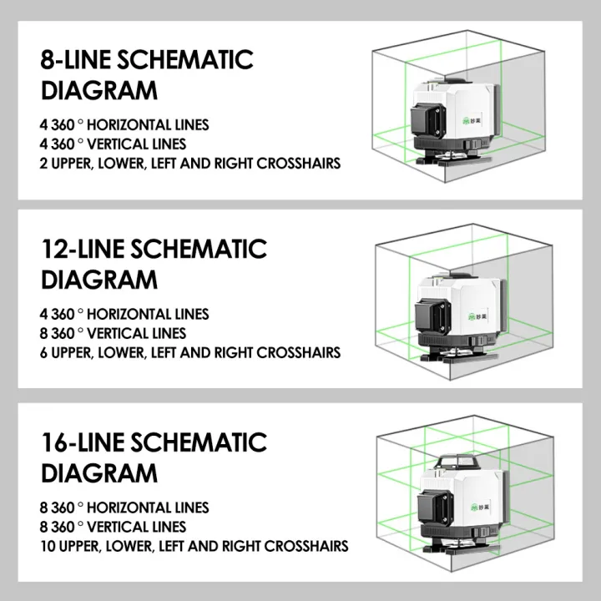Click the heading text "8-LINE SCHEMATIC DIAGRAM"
click(x=147, y=74)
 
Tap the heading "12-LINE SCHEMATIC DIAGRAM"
click(x=154, y=263)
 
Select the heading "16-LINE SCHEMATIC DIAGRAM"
click(x=154, y=457)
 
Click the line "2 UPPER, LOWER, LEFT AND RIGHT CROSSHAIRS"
click(x=190, y=164)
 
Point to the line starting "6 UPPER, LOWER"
click(x=190, y=352)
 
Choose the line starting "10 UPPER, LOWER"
click(x=194, y=548)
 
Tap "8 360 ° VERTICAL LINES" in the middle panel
click(x=113, y=334)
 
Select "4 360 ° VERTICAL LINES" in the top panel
click(x=113, y=144)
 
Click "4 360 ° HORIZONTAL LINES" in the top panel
click(x=124, y=125)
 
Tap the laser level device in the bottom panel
click(x=459, y=505)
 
